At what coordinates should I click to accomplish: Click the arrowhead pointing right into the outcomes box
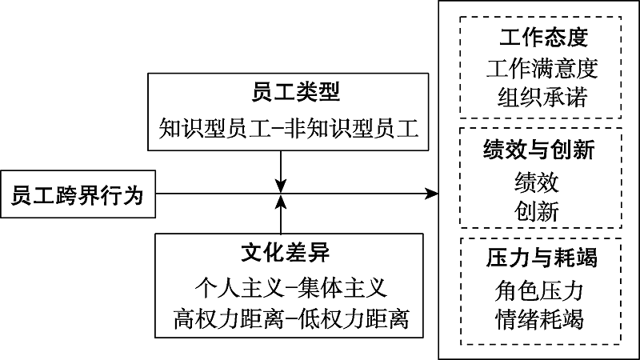[433, 194]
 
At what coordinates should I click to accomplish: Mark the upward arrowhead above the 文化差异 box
[280, 203]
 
